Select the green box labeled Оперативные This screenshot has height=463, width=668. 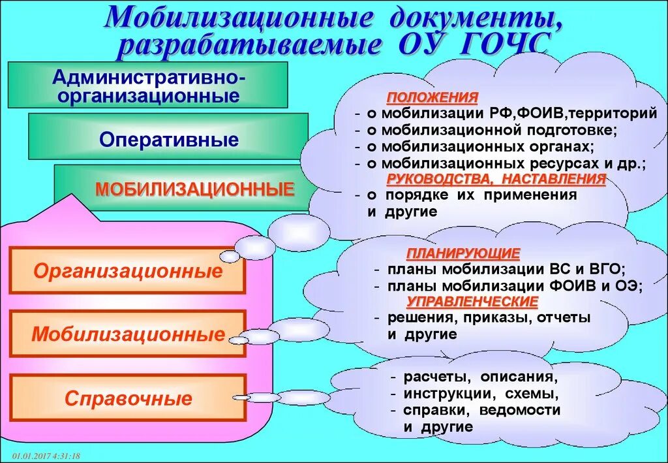pyautogui.click(x=168, y=140)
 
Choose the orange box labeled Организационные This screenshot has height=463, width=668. pyautogui.click(x=128, y=271)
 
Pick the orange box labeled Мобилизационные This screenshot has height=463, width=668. pyautogui.click(x=128, y=334)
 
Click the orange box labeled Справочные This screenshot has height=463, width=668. pyautogui.click(x=128, y=398)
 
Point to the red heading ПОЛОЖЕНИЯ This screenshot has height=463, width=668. pyautogui.click(x=433, y=97)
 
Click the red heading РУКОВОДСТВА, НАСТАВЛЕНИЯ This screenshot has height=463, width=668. pyautogui.click(x=496, y=179)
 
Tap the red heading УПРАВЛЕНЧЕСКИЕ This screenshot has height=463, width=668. pyautogui.click(x=472, y=302)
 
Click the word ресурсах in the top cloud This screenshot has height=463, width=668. pyautogui.click(x=556, y=163)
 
